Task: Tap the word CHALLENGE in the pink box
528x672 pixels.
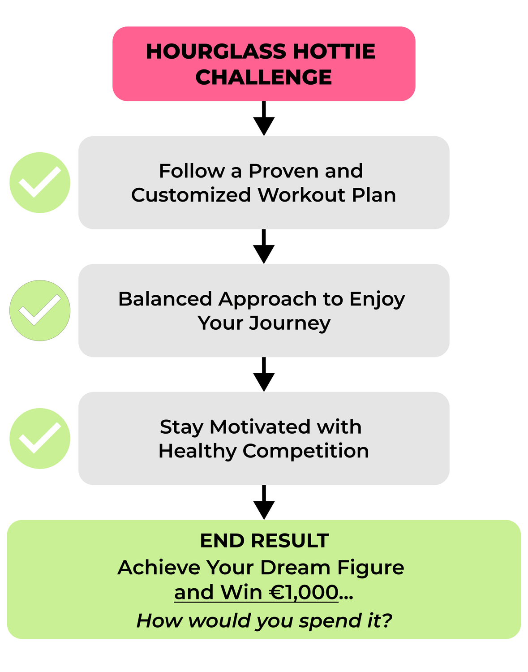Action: (264, 77)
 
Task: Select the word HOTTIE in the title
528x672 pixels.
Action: (334, 52)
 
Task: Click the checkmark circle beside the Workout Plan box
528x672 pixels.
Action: (40, 182)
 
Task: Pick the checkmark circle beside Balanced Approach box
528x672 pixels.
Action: (40, 310)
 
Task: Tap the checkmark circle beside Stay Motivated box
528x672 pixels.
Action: (40, 439)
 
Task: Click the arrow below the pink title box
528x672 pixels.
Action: (264, 118)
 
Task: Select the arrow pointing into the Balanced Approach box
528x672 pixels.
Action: (264, 246)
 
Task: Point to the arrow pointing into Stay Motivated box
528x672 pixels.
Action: (264, 375)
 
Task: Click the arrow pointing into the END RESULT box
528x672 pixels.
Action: (264, 503)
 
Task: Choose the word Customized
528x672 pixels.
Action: (191, 195)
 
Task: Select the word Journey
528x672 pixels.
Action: (290, 324)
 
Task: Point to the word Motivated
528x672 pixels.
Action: (260, 427)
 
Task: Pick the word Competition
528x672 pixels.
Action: (306, 452)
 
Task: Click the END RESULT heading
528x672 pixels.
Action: (264, 541)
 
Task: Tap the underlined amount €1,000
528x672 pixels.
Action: (304, 593)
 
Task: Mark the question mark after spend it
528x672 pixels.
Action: (386, 620)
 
